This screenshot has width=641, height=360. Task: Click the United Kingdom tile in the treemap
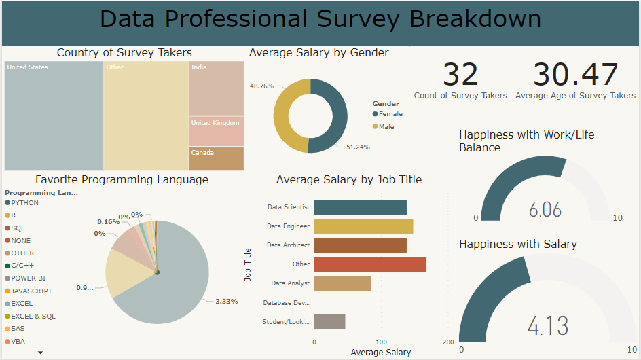click(216, 131)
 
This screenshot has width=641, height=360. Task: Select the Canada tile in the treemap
click(216, 158)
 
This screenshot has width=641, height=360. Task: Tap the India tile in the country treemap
click(216, 88)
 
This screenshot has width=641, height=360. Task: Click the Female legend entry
click(390, 114)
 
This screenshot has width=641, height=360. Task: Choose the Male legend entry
click(386, 127)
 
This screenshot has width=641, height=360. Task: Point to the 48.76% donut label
click(261, 86)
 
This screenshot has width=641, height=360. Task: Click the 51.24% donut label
click(358, 147)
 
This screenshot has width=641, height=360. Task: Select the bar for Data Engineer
click(363, 226)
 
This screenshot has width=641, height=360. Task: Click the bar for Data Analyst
click(342, 283)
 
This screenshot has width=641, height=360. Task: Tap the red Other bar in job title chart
click(370, 264)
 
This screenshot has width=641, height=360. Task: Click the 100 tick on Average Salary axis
click(381, 342)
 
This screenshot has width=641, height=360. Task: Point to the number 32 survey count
click(460, 75)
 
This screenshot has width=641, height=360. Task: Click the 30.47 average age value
click(575, 75)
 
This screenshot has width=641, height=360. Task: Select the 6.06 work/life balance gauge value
click(545, 209)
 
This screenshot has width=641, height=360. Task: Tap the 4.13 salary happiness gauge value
click(548, 325)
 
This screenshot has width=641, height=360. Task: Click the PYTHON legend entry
click(24, 203)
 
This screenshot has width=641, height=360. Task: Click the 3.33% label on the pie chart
click(226, 301)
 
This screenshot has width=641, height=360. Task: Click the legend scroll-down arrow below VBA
click(40, 353)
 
